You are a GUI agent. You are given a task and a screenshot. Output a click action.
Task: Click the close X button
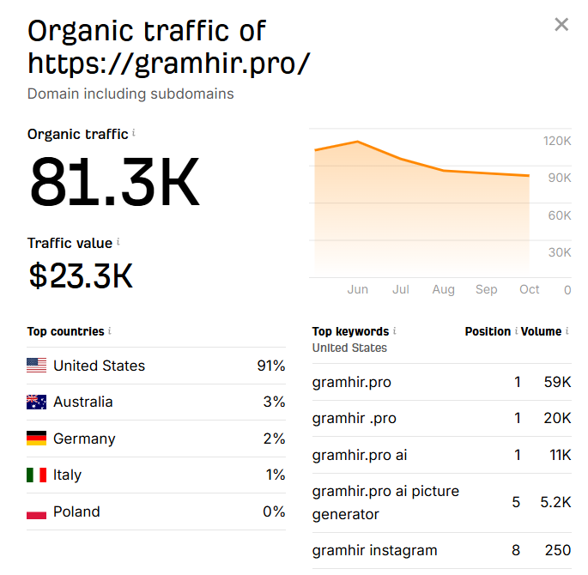[561, 25]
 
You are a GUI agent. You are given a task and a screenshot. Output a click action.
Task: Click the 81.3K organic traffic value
[114, 183]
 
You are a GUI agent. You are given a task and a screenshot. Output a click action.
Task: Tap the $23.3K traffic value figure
[81, 275]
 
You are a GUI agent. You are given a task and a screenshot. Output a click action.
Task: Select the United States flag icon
[36, 366]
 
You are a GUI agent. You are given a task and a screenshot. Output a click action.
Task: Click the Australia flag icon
[36, 402]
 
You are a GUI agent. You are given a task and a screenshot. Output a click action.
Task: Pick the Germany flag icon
[36, 439]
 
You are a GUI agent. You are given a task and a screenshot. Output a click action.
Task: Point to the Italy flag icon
[36, 475]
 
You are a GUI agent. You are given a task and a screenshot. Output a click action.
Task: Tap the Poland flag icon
[36, 511]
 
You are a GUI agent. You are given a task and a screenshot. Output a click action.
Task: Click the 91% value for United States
[270, 366]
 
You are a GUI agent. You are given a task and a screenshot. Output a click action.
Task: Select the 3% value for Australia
[274, 402]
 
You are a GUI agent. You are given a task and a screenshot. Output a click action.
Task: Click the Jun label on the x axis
[358, 289]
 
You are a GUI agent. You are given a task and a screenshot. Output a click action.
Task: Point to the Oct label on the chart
[530, 289]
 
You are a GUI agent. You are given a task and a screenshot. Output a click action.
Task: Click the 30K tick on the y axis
[560, 252]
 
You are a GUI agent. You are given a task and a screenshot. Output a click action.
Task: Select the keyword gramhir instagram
[375, 550]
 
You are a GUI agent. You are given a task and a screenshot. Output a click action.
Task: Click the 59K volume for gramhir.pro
[557, 382]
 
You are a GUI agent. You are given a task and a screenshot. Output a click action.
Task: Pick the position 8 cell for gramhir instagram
[516, 550]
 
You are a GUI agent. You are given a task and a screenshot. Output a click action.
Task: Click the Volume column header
[541, 331]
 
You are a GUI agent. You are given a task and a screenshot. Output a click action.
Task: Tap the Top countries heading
[65, 331]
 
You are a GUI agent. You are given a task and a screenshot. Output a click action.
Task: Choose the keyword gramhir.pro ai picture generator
[385, 502]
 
